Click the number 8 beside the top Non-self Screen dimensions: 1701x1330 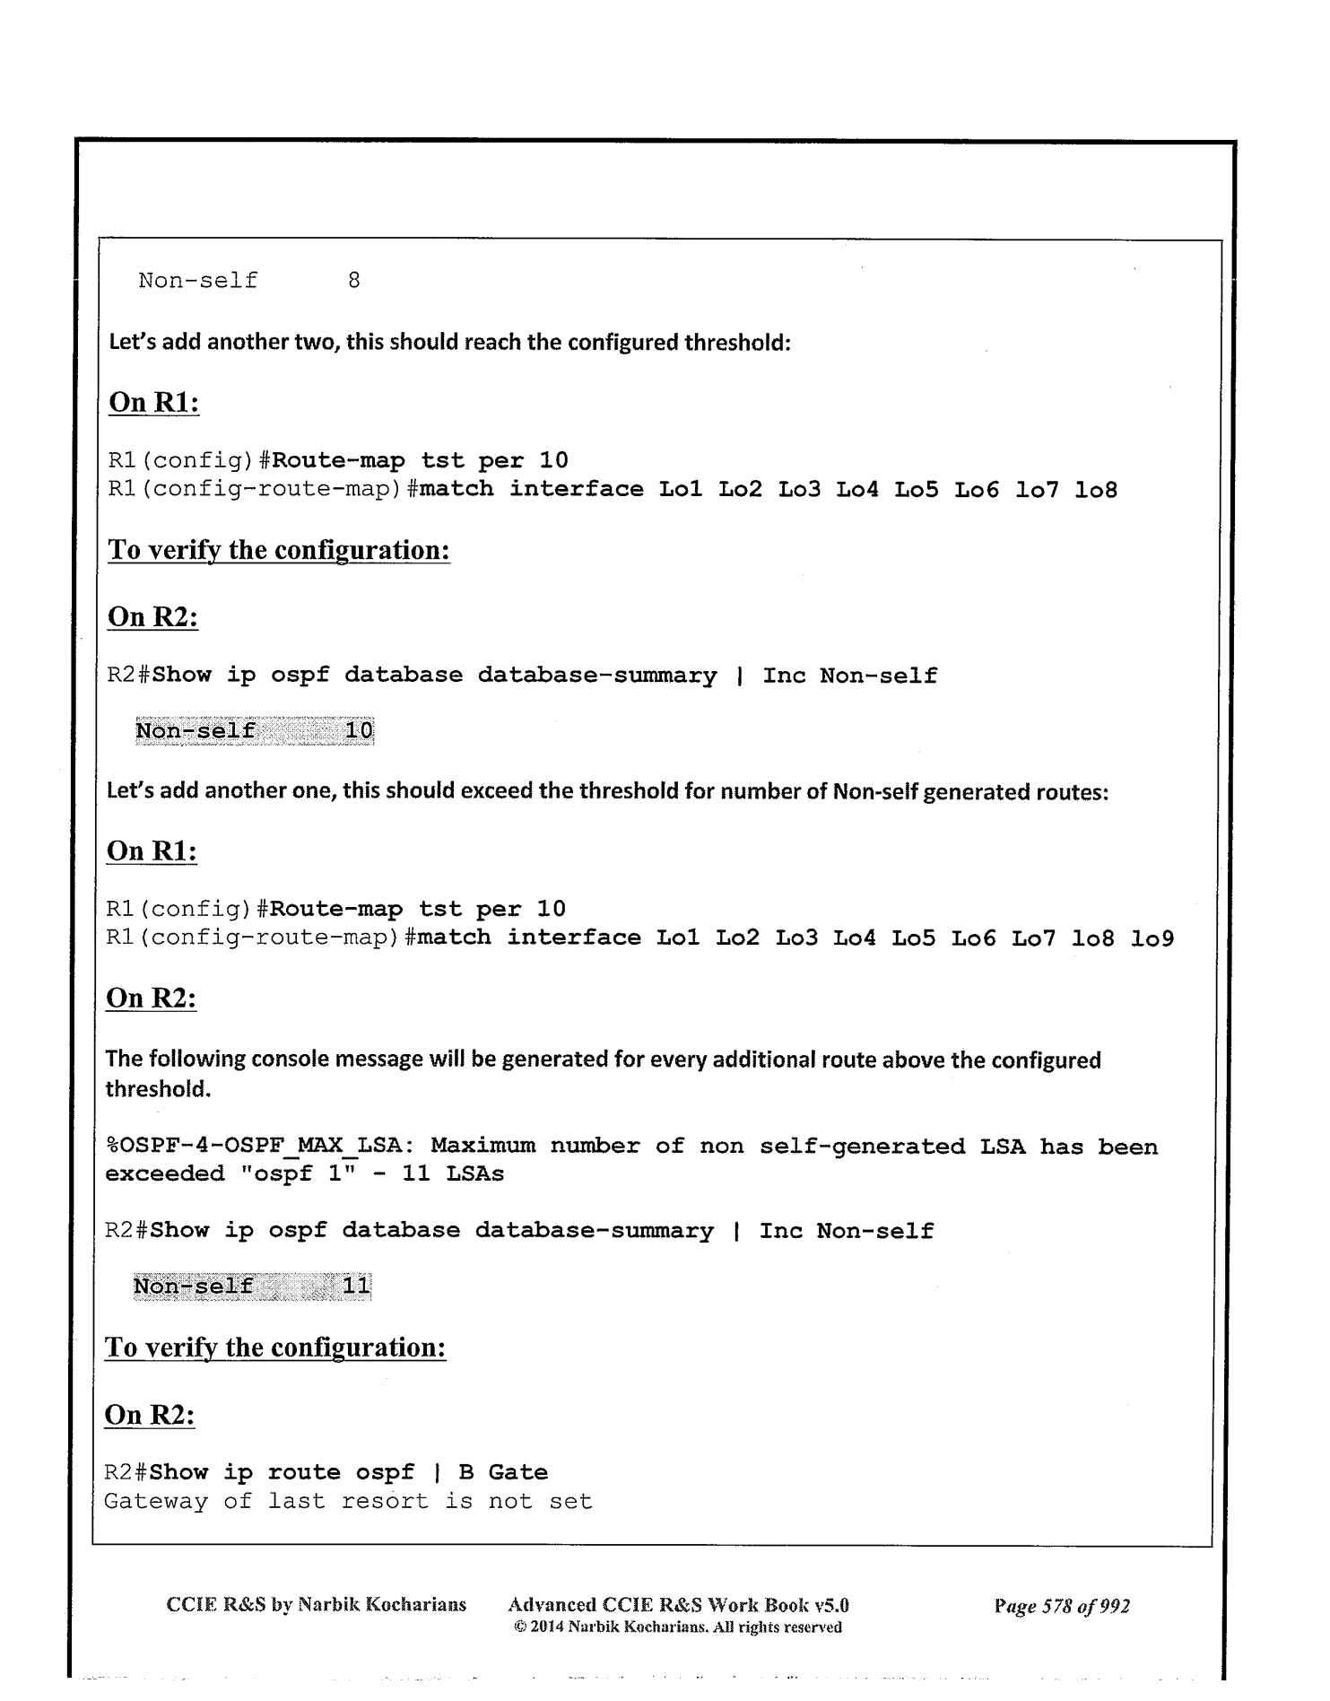click(x=354, y=281)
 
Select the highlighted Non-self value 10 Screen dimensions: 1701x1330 click(x=359, y=731)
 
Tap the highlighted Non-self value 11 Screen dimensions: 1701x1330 click(x=356, y=1287)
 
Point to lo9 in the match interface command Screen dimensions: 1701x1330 click(x=1152, y=938)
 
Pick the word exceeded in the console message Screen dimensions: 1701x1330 click(x=164, y=1174)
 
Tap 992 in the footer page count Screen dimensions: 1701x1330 click(x=1115, y=1606)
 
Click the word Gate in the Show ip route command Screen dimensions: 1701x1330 click(x=517, y=1473)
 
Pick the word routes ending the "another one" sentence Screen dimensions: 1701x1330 click(x=1081, y=792)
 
